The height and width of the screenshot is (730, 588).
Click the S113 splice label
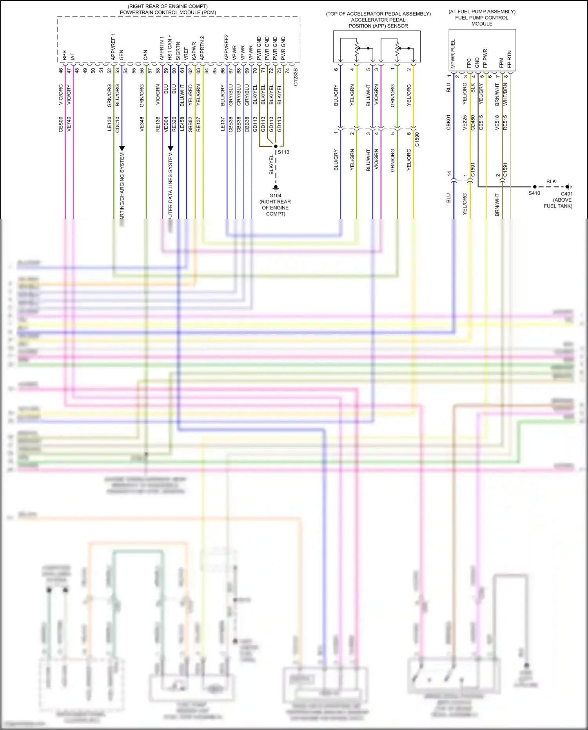coord(283,152)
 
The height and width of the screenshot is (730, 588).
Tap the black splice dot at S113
coord(276,146)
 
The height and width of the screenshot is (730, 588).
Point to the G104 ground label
coord(275,196)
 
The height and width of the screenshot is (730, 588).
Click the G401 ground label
coord(566,194)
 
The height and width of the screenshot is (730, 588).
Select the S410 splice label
coord(534,193)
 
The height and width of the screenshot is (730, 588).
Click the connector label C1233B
coord(296,77)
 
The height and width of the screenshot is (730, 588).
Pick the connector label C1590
coord(417,139)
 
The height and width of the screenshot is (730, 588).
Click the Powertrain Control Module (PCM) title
coord(168,13)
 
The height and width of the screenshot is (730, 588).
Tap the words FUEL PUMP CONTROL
coord(481,18)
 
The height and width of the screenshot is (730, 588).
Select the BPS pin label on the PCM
coord(65,55)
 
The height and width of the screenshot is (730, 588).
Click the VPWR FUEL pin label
coord(453,53)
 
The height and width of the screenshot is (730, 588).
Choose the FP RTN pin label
coord(509,59)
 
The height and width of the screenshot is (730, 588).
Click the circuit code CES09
coord(61,124)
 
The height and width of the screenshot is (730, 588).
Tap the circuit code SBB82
coord(190,124)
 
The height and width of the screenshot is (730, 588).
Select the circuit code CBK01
coord(449,122)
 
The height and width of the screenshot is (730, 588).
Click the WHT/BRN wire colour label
coord(505,94)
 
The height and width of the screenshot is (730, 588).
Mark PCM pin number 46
coord(61,71)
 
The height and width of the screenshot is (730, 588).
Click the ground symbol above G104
coord(276,188)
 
